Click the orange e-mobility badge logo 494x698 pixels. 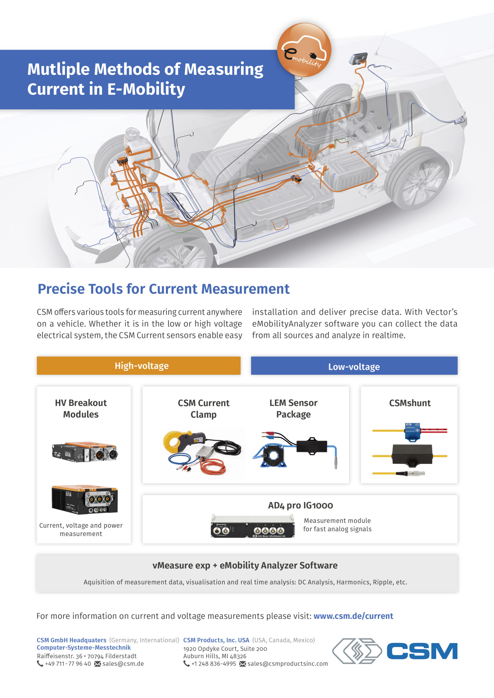coord(304,50)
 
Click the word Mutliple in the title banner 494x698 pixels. coord(58,69)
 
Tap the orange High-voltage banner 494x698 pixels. coord(138,365)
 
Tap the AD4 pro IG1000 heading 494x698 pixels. coord(300,505)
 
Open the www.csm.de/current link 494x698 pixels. coord(353,616)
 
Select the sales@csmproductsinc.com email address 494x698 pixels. coord(287,664)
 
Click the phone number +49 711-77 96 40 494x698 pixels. coord(68,664)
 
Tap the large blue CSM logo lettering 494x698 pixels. coord(422,651)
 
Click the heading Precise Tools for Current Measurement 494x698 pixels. coord(163,289)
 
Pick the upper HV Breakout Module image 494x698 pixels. coord(84,452)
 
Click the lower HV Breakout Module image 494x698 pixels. coord(84,499)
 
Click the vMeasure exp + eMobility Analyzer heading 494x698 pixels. coord(245,565)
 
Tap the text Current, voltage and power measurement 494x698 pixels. coord(81,529)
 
